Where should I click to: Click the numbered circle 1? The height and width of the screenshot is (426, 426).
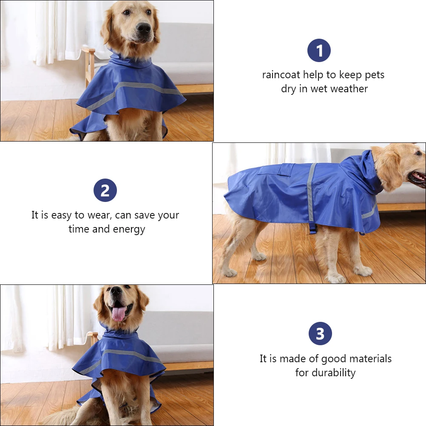pyautogui.click(x=319, y=51)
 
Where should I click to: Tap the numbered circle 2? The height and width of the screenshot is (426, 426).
pyautogui.click(x=105, y=190)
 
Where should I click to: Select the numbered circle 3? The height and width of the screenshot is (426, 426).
pyautogui.click(x=320, y=334)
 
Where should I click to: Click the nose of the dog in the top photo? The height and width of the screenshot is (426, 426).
pyautogui.click(x=143, y=29)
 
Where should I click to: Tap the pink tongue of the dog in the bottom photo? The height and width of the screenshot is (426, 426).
pyautogui.click(x=118, y=314)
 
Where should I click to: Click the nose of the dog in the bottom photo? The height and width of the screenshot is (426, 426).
pyautogui.click(x=116, y=291)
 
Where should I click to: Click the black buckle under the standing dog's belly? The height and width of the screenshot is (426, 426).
pyautogui.click(x=313, y=229)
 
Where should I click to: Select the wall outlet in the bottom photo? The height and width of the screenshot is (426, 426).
pyautogui.click(x=18, y=349)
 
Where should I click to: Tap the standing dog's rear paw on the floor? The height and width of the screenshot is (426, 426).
pyautogui.click(x=230, y=272)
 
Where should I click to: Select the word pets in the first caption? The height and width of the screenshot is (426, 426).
pyautogui.click(x=374, y=75)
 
